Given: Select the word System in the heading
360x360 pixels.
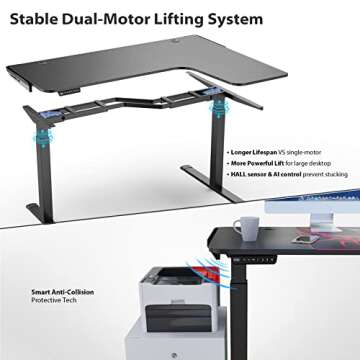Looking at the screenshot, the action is tap(237, 18).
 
